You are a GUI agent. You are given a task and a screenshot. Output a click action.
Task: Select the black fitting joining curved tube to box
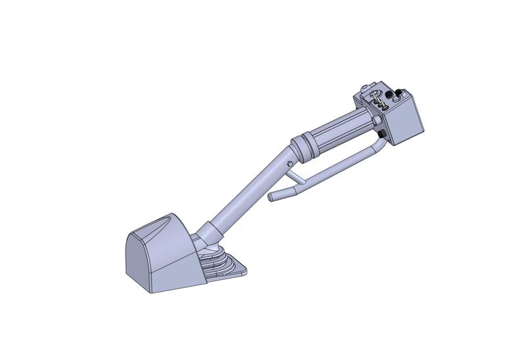coord(381,135)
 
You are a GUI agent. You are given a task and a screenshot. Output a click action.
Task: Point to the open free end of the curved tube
coord(271,197)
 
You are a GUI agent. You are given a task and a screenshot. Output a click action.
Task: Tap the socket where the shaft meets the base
coord(209,233)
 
